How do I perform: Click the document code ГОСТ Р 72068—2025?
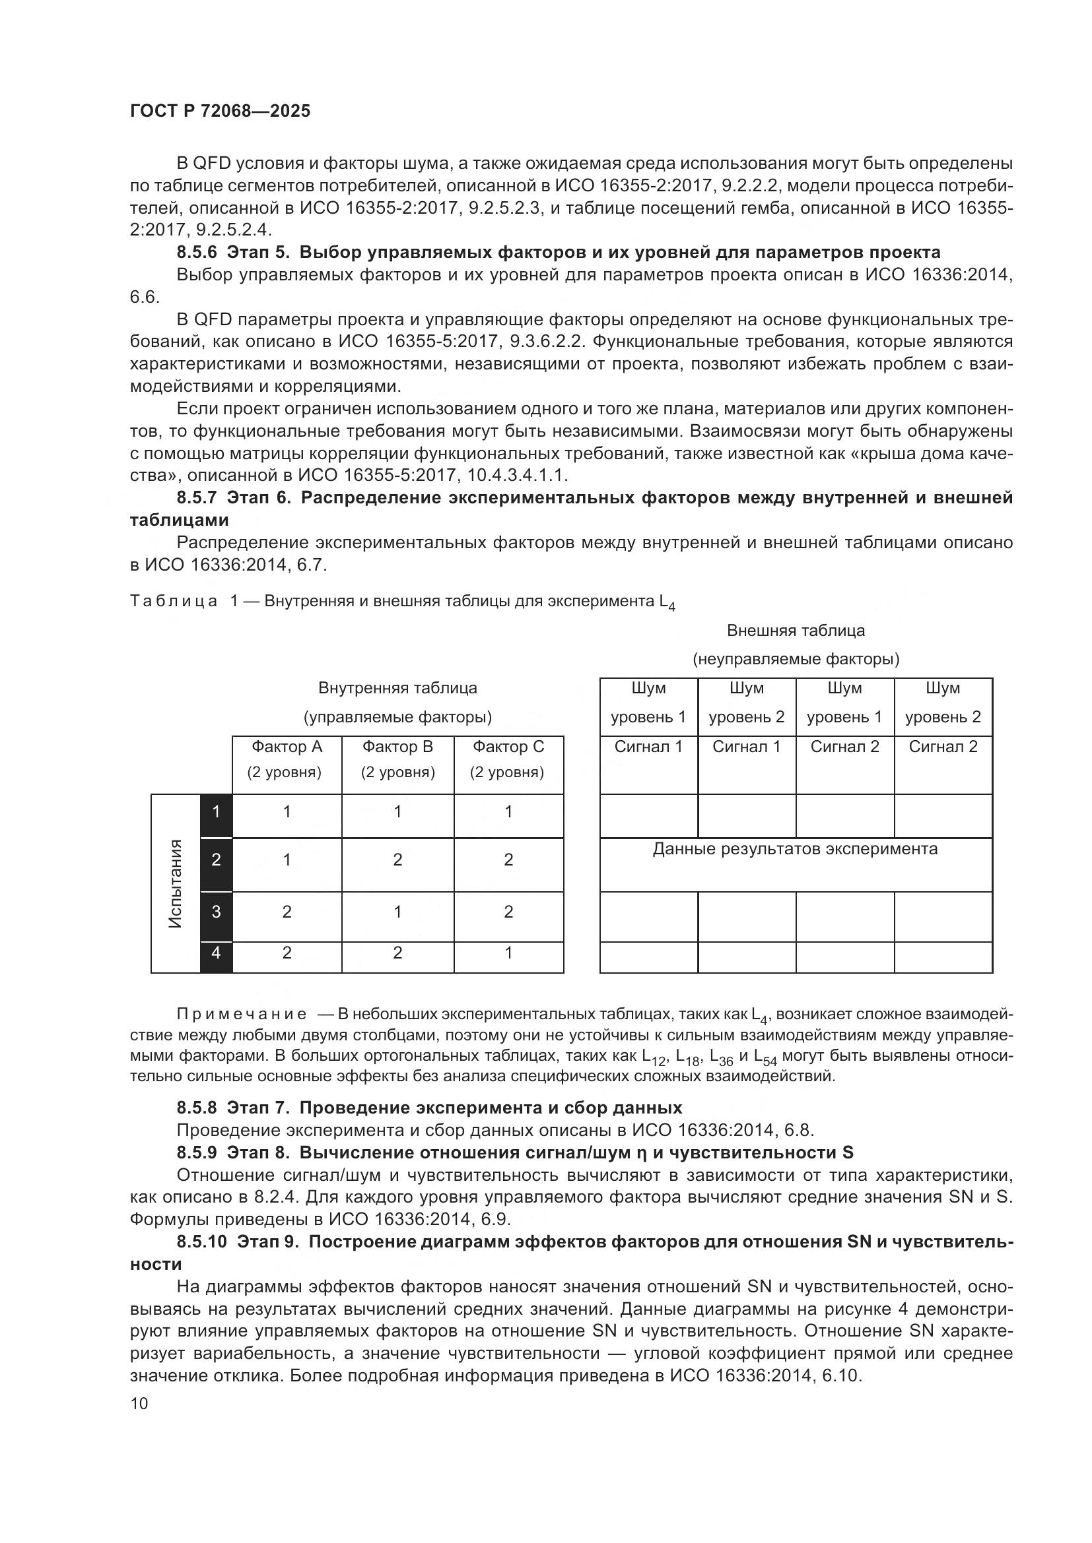pos(220,111)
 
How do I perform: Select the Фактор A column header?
pos(287,747)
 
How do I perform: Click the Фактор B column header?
pos(397,747)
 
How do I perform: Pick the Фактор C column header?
pos(508,747)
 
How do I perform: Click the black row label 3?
pos(216,912)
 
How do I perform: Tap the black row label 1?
pos(216,812)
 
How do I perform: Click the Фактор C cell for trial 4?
pos(508,953)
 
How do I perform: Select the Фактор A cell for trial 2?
pos(287,860)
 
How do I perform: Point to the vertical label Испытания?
pos(176,884)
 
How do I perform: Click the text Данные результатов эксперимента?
pos(795,849)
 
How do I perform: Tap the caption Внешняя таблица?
pos(796,631)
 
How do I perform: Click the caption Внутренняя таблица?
pos(397,688)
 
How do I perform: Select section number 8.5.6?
pos(197,253)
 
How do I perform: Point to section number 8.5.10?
pos(202,1242)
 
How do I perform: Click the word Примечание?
pos(242,1014)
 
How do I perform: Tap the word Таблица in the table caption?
pos(174,602)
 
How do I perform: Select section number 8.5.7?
pos(197,498)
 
